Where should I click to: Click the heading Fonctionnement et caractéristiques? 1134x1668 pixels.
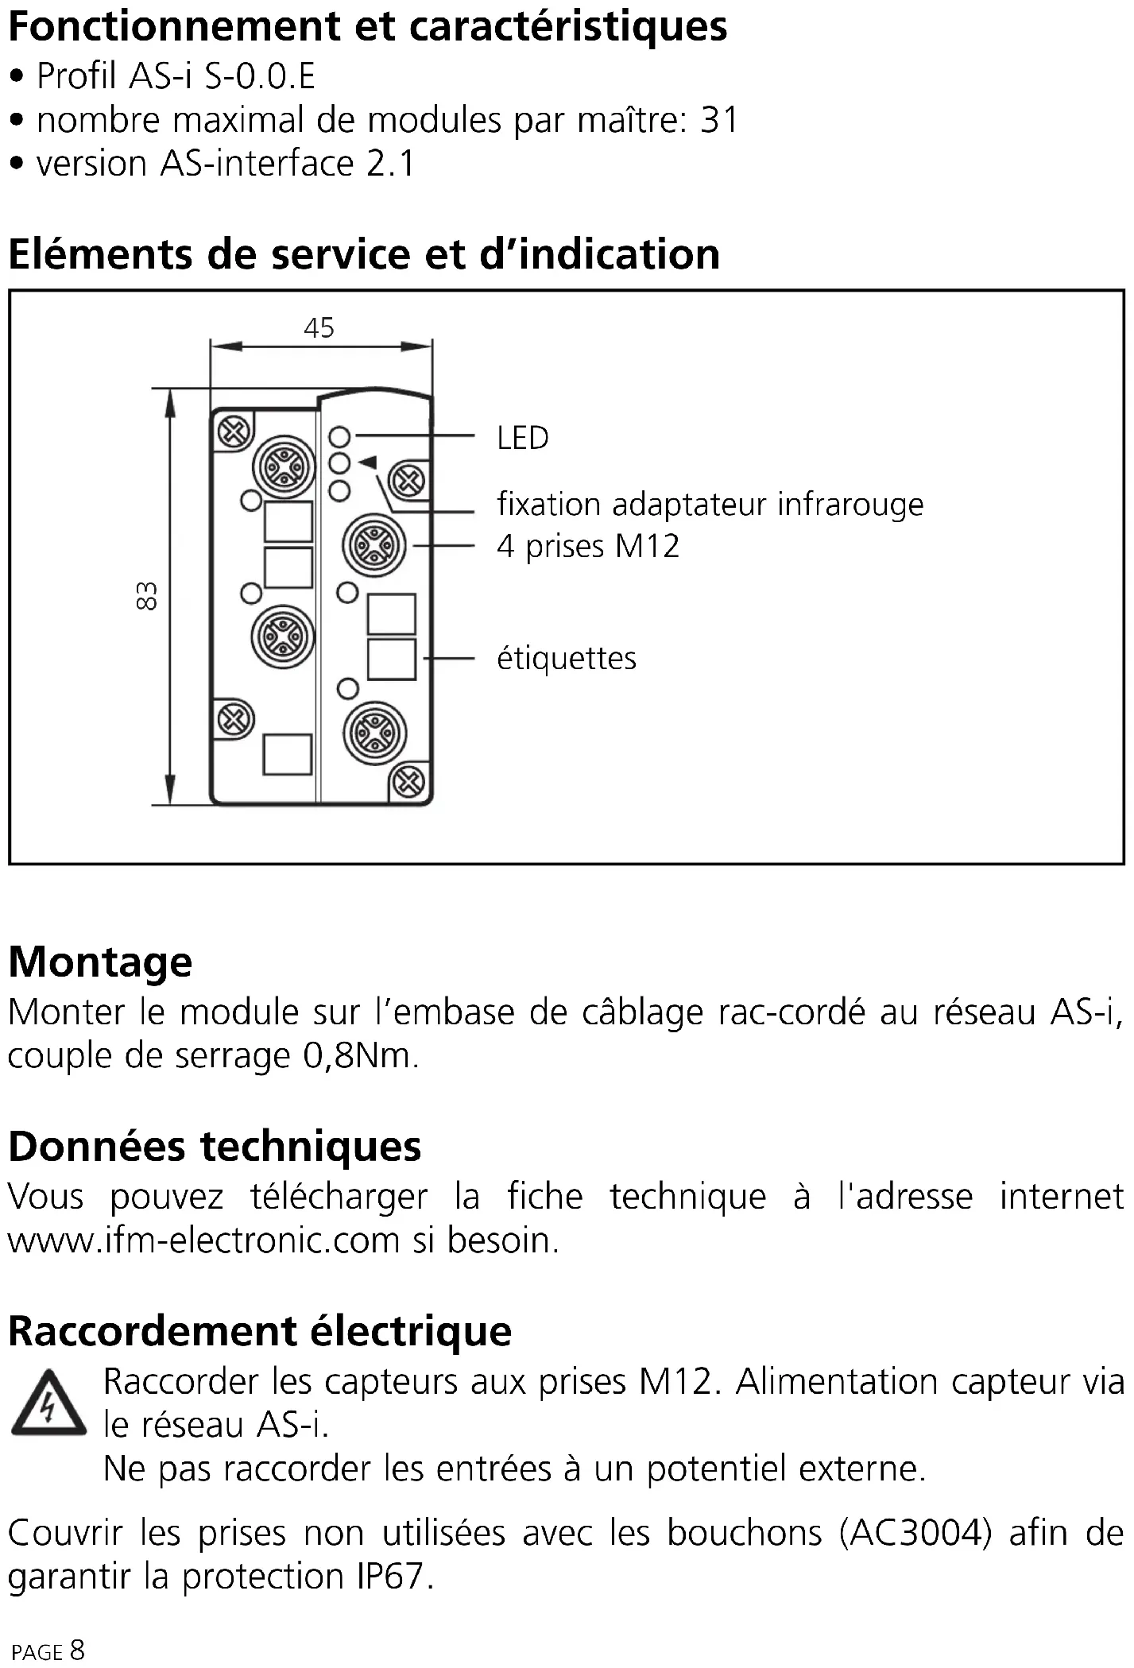367,26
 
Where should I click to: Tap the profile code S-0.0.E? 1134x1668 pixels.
260,76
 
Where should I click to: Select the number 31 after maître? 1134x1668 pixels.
719,120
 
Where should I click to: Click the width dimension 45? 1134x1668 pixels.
319,328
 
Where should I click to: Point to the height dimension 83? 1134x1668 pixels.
147,596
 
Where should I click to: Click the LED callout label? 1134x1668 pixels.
522,438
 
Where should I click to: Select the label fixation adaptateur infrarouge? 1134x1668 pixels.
710,505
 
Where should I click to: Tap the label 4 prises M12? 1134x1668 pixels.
588,547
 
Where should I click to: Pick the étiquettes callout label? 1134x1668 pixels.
566,658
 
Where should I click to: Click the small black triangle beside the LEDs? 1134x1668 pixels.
367,462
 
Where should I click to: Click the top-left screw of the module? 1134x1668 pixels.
234,433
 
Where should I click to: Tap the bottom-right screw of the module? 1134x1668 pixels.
408,782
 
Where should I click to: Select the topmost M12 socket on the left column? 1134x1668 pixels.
284,467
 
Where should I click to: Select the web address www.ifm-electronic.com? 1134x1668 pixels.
203,1240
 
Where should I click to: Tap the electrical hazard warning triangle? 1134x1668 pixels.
48,1403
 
